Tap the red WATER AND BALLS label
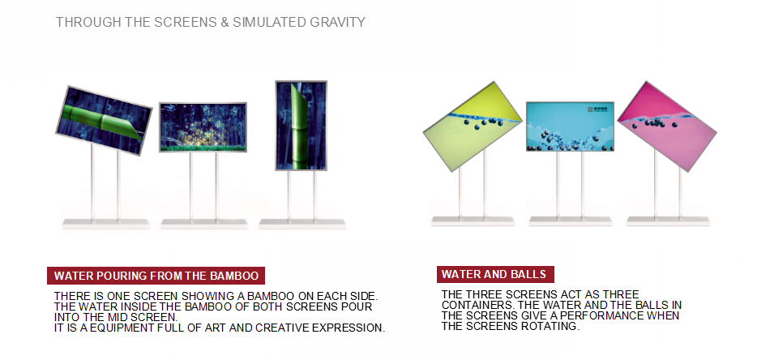[x=495, y=274]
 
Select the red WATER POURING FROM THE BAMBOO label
[x=156, y=276]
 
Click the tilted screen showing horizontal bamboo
[x=104, y=120]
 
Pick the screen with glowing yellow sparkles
[x=203, y=127]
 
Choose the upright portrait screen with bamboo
[x=301, y=126]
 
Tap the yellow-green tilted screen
[x=473, y=126]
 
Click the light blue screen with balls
[x=570, y=126]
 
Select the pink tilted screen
[x=667, y=126]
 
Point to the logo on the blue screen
[x=597, y=110]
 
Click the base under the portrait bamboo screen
[x=302, y=224]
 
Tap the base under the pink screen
[x=669, y=221]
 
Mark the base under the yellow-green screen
[x=473, y=221]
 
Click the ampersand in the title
[x=225, y=22]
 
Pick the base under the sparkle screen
[x=204, y=224]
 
